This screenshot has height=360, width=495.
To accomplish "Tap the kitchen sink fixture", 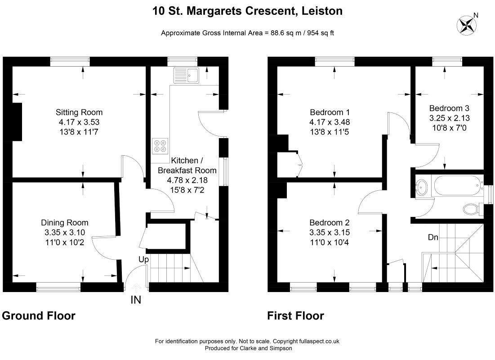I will (187, 75).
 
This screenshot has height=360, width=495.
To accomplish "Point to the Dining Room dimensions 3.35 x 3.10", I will (65, 232).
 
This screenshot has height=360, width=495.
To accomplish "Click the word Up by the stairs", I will (144, 260).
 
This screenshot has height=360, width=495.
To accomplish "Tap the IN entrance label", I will (136, 300).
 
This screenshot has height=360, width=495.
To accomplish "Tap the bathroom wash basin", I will (422, 187).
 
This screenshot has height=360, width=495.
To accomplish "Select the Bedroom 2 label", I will (330, 223).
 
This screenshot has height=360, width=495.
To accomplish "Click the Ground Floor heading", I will (39, 316).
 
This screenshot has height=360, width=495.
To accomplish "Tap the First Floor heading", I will (295, 316).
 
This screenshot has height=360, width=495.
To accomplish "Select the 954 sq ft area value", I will (320, 32).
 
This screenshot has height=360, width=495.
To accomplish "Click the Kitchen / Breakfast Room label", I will (187, 165).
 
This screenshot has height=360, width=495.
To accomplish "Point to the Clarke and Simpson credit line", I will (249, 348).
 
